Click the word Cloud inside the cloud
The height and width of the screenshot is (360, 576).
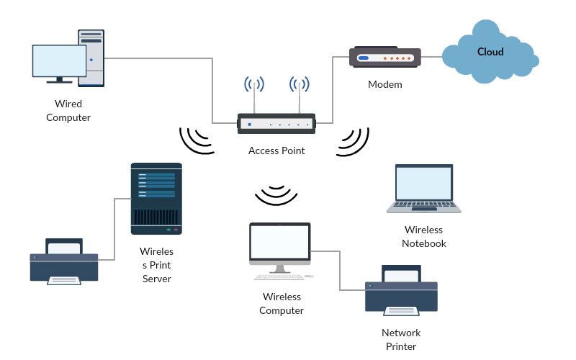coord(490,52)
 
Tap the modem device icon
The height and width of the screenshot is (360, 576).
coord(384,58)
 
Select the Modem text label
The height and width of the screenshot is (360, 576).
coord(384,84)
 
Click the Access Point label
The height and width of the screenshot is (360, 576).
coord(276,150)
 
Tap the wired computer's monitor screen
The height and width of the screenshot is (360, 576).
coord(59,60)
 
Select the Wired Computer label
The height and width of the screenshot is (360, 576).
coord(68,111)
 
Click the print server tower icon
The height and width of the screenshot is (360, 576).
coord(156,198)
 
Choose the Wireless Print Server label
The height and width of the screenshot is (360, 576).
coord(157,265)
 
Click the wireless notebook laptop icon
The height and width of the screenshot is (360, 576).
coord(423,189)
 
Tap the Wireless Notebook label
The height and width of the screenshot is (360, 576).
coord(424,237)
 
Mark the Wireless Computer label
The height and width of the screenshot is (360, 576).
coord(282,304)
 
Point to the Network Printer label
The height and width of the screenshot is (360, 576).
coord(401,340)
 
